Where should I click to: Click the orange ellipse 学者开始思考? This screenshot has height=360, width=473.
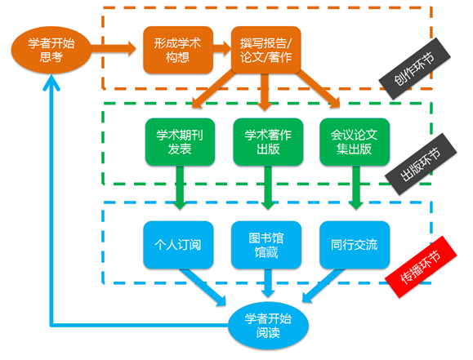(x=51, y=50)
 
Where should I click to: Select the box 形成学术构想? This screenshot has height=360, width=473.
(x=178, y=50)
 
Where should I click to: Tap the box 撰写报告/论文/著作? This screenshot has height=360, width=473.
(x=266, y=50)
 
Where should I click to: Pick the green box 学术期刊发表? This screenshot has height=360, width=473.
(x=180, y=142)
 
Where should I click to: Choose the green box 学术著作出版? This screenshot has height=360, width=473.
(x=268, y=142)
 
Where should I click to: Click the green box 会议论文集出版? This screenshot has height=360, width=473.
(x=355, y=142)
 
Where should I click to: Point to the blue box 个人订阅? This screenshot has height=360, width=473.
(x=178, y=245)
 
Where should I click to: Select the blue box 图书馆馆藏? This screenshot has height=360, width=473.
(x=266, y=245)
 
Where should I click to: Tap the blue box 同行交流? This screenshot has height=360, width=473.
(x=355, y=245)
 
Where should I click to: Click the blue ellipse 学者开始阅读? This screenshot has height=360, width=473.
(x=268, y=326)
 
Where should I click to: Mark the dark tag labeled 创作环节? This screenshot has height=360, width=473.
(x=415, y=69)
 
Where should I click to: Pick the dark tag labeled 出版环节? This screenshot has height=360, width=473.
(x=421, y=164)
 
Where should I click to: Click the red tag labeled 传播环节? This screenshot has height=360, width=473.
(x=421, y=267)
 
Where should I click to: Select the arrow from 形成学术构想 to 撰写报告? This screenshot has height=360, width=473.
(x=222, y=48)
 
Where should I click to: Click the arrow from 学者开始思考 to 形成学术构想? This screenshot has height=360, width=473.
(x=114, y=48)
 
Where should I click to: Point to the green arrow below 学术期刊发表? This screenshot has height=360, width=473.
(x=180, y=188)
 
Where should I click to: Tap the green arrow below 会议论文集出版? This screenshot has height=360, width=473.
(x=356, y=188)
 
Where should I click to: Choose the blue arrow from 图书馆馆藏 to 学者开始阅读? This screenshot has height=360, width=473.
(x=268, y=283)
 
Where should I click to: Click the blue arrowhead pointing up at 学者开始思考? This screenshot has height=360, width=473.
(x=51, y=82)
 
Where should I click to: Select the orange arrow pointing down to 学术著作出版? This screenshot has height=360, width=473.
(x=265, y=92)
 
